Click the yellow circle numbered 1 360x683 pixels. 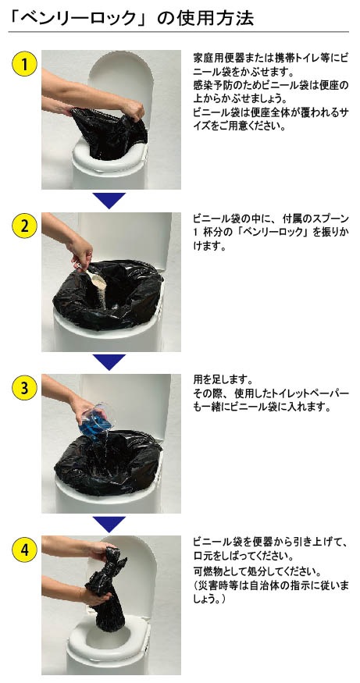click(x=24, y=65)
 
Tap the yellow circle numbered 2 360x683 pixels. click(x=24, y=226)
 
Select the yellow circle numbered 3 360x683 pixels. click(x=24, y=387)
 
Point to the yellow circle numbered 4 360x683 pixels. click(x=24, y=549)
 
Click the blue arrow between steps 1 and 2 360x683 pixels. click(x=109, y=201)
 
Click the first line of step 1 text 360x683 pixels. click(x=270, y=59)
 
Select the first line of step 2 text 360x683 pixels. click(x=270, y=219)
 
